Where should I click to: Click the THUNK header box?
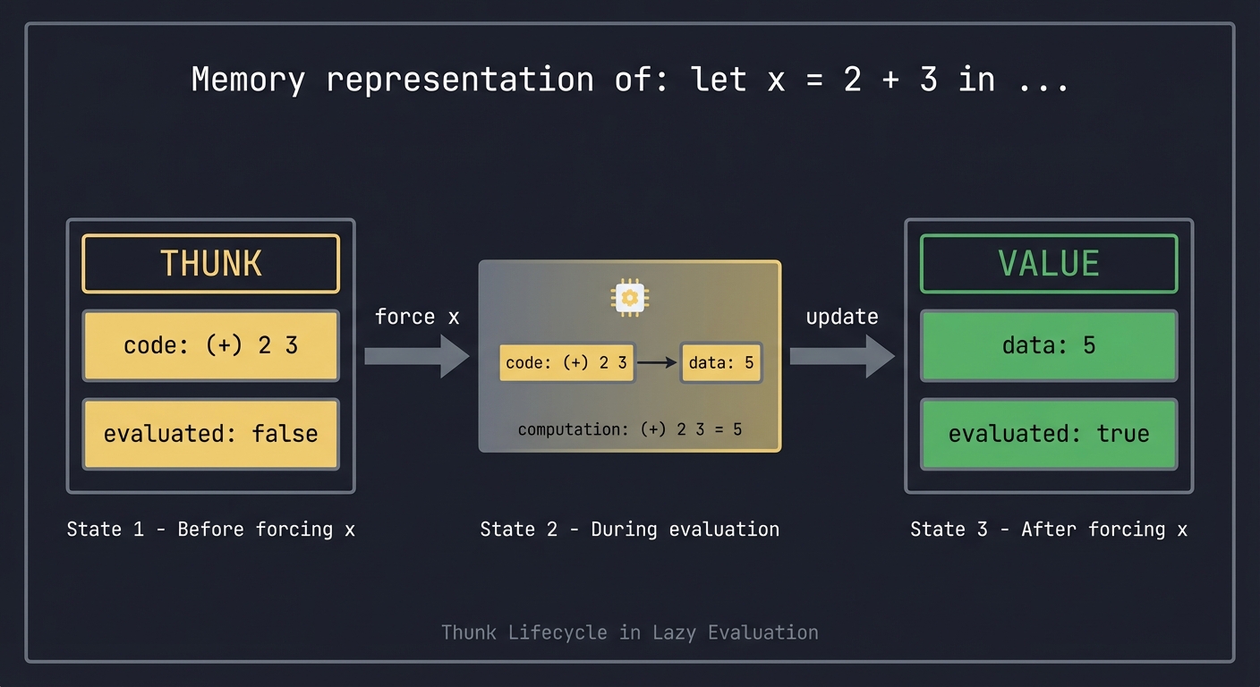pyautogui.click(x=211, y=264)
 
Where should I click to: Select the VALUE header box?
pyautogui.click(x=1049, y=264)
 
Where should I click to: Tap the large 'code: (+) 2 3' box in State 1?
pyautogui.click(x=211, y=346)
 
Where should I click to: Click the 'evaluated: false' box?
pyautogui.click(x=211, y=434)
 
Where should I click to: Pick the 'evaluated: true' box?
pyautogui.click(x=1049, y=434)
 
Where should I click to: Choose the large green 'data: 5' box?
pyautogui.click(x=1049, y=346)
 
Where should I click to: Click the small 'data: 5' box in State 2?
pyautogui.click(x=721, y=362)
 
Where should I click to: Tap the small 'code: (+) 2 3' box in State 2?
pyautogui.click(x=566, y=362)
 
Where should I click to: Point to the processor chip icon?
pyautogui.click(x=629, y=296)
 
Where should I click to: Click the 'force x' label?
pyautogui.click(x=417, y=317)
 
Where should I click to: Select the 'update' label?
pyautogui.click(x=842, y=317)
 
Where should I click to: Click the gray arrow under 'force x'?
pyautogui.click(x=416, y=357)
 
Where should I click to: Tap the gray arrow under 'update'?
pyautogui.click(x=841, y=357)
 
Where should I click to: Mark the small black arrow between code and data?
pyautogui.click(x=658, y=362)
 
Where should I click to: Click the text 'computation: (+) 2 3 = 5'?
pyautogui.click(x=629, y=429)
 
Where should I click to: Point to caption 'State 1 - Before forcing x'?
pyautogui.click(x=211, y=529)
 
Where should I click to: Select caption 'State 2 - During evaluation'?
pyautogui.click(x=629, y=529)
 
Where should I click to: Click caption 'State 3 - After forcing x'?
pyautogui.click(x=1049, y=529)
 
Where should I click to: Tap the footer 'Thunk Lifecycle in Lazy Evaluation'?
pyautogui.click(x=629, y=632)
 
